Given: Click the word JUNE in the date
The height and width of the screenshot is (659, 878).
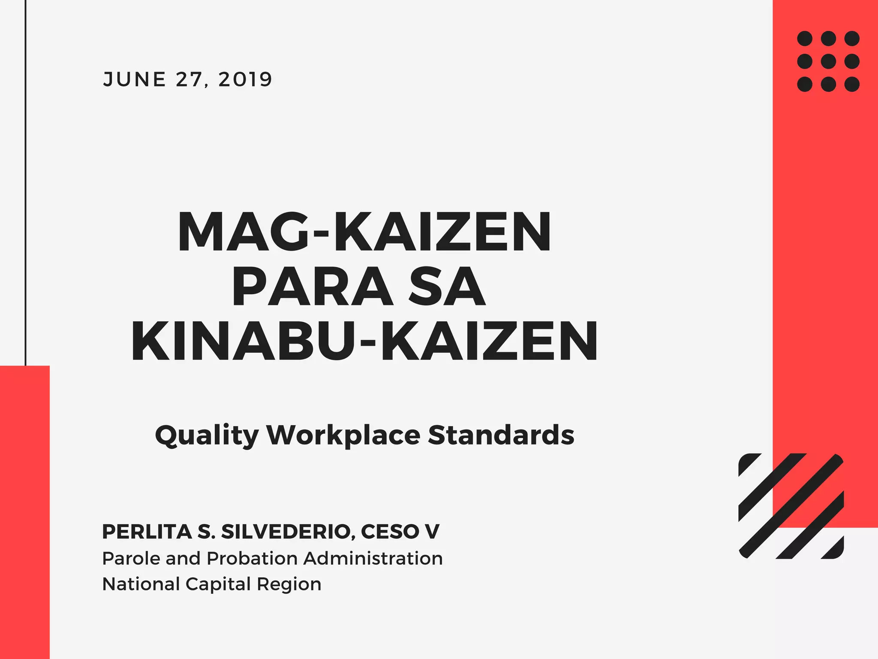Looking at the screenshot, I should coord(134,79).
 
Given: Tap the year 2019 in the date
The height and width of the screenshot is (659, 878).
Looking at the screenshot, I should coord(245,79).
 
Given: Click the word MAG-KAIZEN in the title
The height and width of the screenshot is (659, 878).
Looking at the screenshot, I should coord(364,232).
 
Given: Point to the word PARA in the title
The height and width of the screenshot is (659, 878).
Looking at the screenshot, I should coord(312,287).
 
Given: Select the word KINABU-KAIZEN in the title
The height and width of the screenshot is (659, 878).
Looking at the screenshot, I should coord(364,342).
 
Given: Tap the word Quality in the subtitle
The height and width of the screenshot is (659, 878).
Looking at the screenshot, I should coord(207,435).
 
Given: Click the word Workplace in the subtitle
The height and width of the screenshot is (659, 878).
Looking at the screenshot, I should coord(343,435).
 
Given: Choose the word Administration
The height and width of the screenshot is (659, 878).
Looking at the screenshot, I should coord(373,559).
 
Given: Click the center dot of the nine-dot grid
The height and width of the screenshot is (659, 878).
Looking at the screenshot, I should coord(828,61).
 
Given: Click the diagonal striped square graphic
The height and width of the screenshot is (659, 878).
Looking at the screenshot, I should coord(791,506).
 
